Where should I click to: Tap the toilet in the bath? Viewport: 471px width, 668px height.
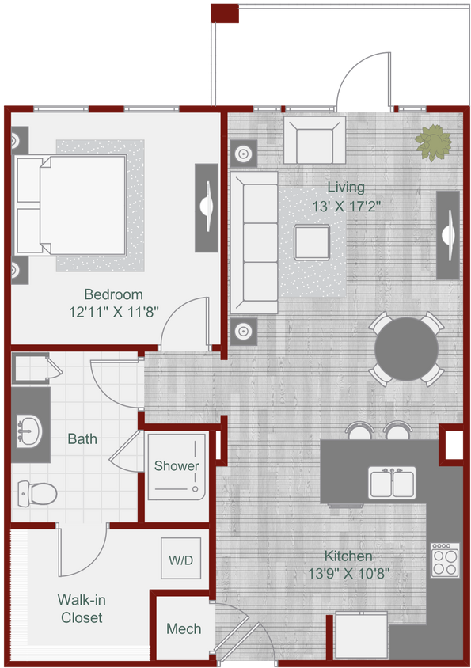coord(36,494)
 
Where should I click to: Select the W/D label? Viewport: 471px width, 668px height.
coord(180,560)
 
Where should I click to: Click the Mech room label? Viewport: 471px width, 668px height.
coord(184,629)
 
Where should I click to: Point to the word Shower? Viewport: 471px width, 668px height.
coord(177,465)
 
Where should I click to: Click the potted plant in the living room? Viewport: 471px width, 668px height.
coord(434,143)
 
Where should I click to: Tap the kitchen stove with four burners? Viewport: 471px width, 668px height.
coord(444,561)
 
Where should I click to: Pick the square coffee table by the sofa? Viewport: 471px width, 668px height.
coord(312,242)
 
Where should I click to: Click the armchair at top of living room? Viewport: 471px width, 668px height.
coord(313,141)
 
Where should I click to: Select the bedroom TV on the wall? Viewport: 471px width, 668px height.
coord(207,207)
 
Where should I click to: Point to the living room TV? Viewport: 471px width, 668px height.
coord(448,234)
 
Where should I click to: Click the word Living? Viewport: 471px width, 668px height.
coord(347,188)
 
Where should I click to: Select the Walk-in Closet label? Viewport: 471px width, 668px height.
coord(82,609)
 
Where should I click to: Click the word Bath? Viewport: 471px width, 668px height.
coord(82,438)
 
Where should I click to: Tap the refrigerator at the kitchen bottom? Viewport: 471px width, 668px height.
coord(361,637)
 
